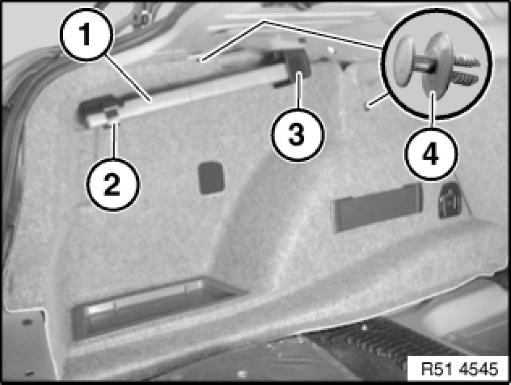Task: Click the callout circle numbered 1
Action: click(86, 34)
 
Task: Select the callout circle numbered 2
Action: click(113, 184)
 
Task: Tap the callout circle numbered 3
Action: click(297, 134)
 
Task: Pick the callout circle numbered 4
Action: click(431, 153)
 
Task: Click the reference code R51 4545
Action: click(460, 369)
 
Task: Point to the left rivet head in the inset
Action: click(404, 61)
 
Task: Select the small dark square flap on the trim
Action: click(211, 177)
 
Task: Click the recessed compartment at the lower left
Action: click(153, 307)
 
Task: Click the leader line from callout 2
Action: click(114, 141)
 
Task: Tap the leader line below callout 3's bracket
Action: click(298, 91)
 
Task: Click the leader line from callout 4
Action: click(433, 110)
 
